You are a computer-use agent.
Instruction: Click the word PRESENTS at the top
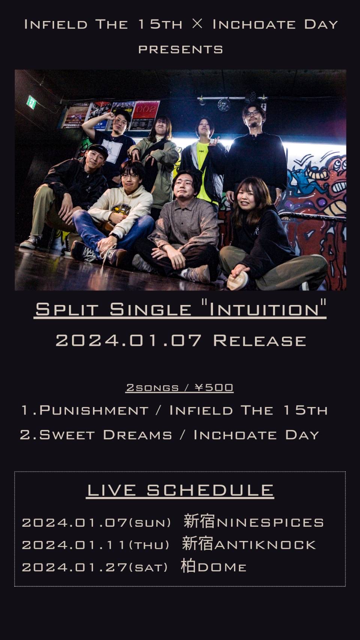point(180,50)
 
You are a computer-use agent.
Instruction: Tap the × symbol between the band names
point(197,24)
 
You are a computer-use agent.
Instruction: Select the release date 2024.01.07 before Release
point(129,341)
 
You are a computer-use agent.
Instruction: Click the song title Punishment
point(94,410)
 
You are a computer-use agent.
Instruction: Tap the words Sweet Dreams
point(105,435)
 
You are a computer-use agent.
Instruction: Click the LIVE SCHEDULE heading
point(180,490)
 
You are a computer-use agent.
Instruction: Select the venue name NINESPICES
point(270,523)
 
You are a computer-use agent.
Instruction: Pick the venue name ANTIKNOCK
point(265,545)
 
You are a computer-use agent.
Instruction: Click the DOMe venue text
point(221,568)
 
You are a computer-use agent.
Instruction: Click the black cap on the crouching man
point(98,150)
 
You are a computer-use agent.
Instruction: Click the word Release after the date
point(260,341)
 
